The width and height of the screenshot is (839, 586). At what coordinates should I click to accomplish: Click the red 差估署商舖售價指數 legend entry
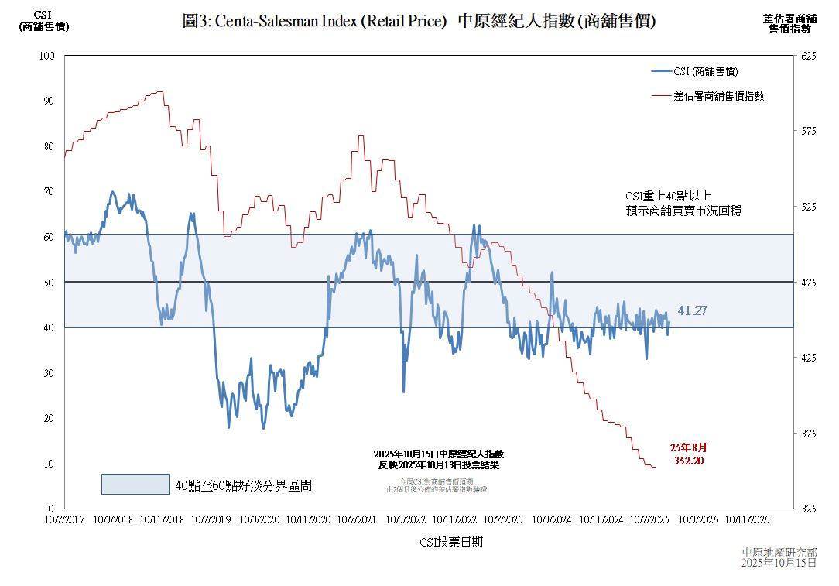coord(718,96)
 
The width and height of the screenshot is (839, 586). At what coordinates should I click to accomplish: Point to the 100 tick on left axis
coord(47,56)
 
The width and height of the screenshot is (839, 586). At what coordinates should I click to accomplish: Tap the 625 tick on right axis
coord(809,56)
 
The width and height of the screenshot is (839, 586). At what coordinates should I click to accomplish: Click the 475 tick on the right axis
coord(809,283)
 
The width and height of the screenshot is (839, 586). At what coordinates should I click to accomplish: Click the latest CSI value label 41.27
coord(692,310)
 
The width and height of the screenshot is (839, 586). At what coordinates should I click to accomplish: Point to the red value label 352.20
coord(688,461)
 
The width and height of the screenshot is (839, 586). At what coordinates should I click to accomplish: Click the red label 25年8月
coord(688,447)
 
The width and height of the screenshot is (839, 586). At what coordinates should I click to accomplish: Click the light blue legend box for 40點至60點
coord(135,484)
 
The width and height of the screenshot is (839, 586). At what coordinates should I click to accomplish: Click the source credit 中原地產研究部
coord(779,552)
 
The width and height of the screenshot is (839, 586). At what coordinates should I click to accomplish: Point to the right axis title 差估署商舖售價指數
coord(789,23)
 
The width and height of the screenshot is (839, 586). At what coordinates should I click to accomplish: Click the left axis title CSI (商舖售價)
coord(43,20)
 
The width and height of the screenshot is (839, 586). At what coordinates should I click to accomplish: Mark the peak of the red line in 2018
coord(159,91)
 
